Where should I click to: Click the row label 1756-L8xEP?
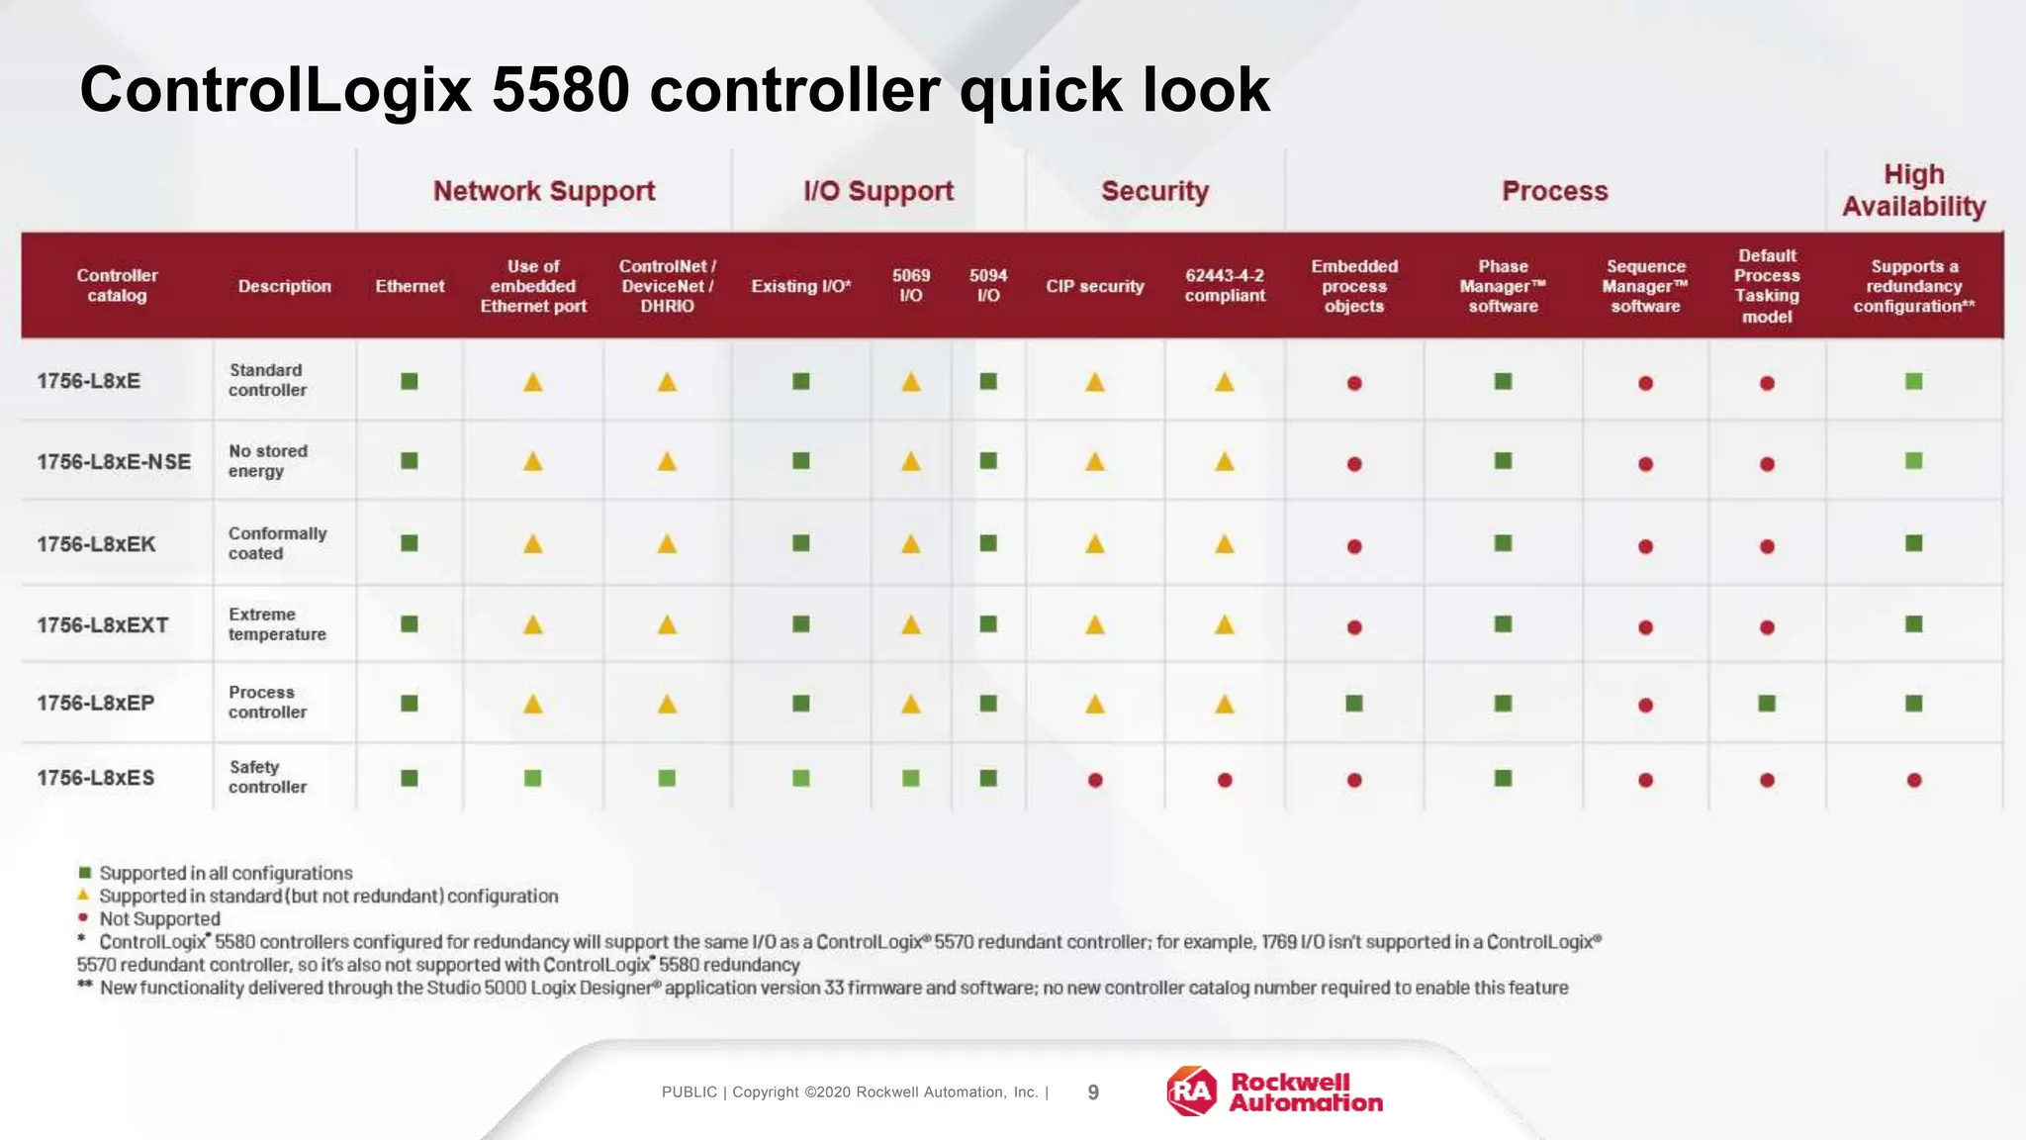(x=96, y=703)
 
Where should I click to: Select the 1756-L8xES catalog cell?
(x=96, y=778)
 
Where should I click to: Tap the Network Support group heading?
(x=544, y=191)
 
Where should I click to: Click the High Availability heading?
(x=1913, y=190)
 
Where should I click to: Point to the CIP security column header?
(x=1094, y=286)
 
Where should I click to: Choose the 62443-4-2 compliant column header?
(x=1225, y=286)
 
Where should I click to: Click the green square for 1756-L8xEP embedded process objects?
(x=1354, y=704)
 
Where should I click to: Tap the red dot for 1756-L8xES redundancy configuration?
(x=1914, y=780)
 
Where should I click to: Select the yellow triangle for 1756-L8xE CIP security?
(x=1094, y=382)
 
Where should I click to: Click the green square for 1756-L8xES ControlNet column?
(x=667, y=779)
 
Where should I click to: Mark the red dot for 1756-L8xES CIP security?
(x=1095, y=780)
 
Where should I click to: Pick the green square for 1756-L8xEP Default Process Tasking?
(x=1767, y=704)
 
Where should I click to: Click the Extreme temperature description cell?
(x=276, y=624)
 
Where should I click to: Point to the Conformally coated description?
(x=276, y=543)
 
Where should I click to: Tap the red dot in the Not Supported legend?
(x=84, y=917)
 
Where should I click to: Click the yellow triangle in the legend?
(x=84, y=895)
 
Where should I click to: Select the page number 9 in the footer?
(x=1093, y=1092)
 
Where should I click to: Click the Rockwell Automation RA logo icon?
(x=1192, y=1092)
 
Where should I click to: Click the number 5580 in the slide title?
(x=560, y=90)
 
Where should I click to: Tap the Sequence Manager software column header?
(x=1645, y=286)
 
